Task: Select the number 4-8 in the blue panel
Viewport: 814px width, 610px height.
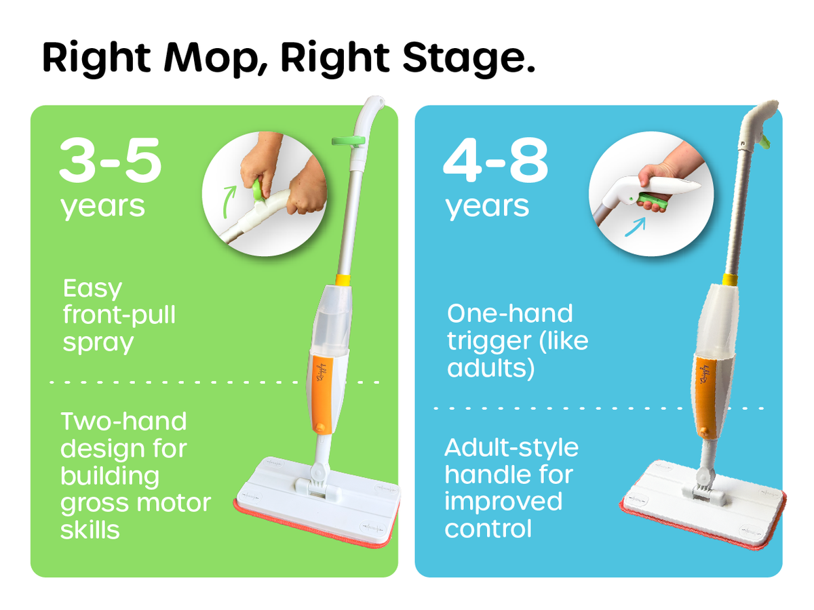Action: point(495,163)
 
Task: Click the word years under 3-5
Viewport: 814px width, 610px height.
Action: point(103,205)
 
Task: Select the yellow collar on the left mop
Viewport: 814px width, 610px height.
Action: point(343,279)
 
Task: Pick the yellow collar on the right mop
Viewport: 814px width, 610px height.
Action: point(731,279)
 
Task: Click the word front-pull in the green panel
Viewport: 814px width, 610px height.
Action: point(119,316)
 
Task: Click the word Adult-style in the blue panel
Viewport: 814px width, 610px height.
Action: point(511,448)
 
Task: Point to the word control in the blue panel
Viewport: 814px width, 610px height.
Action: point(488,529)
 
